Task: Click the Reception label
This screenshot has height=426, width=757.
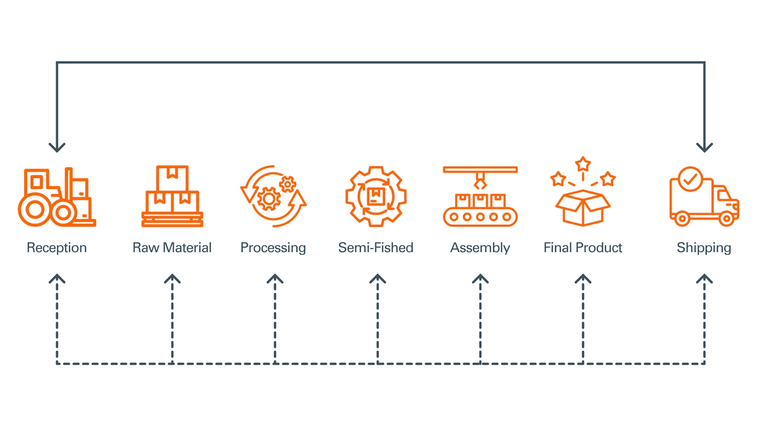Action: (x=57, y=247)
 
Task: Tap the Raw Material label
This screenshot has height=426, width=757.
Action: (x=172, y=247)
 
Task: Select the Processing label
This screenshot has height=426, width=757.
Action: (x=273, y=247)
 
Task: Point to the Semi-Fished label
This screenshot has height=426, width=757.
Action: (x=376, y=247)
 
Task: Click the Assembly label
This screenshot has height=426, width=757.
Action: (x=480, y=247)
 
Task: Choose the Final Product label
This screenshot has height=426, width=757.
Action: (x=583, y=247)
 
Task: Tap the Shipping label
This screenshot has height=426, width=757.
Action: (x=704, y=247)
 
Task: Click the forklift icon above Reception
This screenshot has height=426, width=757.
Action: (x=57, y=197)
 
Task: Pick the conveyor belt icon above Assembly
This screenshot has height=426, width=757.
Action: (x=480, y=197)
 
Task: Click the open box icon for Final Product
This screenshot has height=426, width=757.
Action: (x=583, y=207)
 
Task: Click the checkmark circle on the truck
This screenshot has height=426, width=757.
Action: (x=690, y=179)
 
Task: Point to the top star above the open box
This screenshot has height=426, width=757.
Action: (x=583, y=164)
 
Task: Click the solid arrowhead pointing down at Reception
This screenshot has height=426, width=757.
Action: (x=57, y=147)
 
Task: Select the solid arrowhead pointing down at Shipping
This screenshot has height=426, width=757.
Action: (x=704, y=147)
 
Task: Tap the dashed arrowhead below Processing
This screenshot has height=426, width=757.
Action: (x=275, y=279)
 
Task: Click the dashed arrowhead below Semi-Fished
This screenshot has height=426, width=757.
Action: (x=377, y=279)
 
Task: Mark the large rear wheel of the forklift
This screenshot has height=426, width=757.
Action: (x=35, y=210)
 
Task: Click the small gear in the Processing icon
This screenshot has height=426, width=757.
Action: (x=288, y=184)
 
